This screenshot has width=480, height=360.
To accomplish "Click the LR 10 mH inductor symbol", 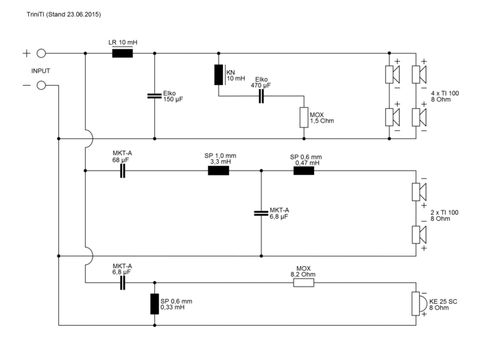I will pyautogui.click(x=123, y=53).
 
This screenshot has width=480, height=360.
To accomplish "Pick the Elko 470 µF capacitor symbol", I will pyautogui.click(x=261, y=97).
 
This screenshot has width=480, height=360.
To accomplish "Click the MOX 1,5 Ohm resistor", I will pyautogui.click(x=303, y=118).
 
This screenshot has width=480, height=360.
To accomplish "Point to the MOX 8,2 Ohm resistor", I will pyautogui.click(x=304, y=282).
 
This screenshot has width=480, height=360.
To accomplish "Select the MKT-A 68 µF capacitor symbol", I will pyautogui.click(x=123, y=171).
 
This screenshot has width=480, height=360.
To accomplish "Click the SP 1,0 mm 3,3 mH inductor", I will pyautogui.click(x=219, y=171).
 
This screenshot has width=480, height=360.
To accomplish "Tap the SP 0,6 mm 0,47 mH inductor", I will pyautogui.click(x=304, y=171).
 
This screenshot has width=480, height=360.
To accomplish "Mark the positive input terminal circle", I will pyautogui.click(x=41, y=53).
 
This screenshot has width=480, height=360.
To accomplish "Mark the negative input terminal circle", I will pyautogui.click(x=41, y=85).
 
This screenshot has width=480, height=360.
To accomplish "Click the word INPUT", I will pyautogui.click(x=40, y=70).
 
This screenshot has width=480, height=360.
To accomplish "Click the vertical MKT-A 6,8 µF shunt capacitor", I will pyautogui.click(x=261, y=213).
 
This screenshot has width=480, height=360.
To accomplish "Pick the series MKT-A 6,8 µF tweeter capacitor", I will pyautogui.click(x=123, y=282).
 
